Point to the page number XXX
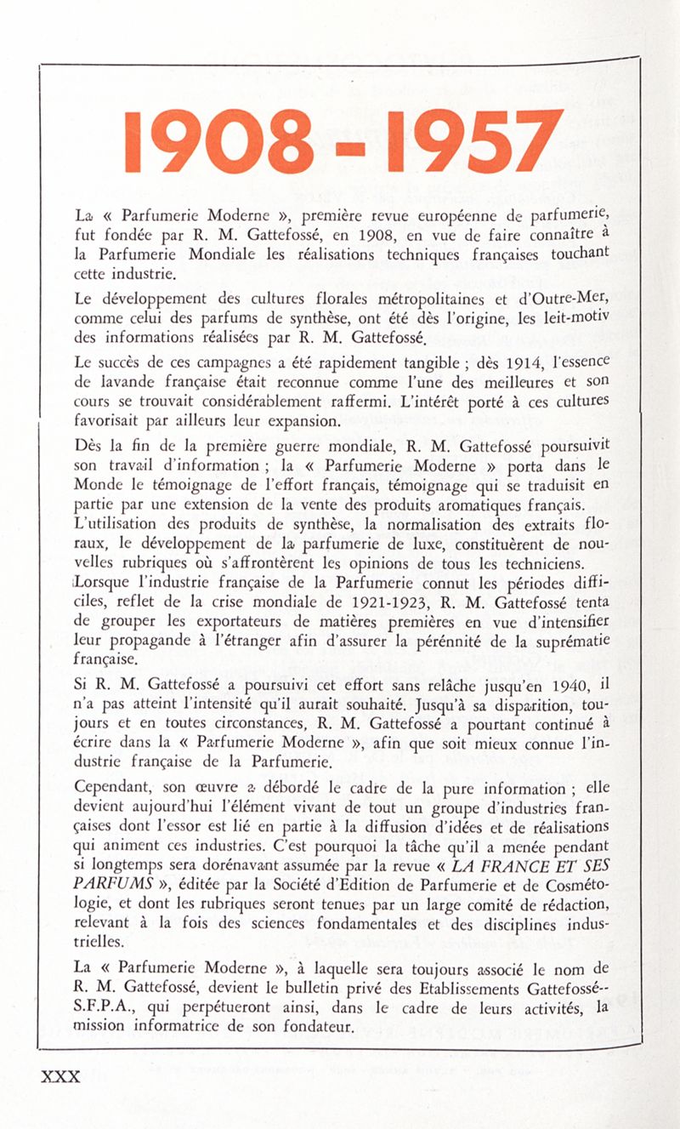pyautogui.click(x=60, y=1076)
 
